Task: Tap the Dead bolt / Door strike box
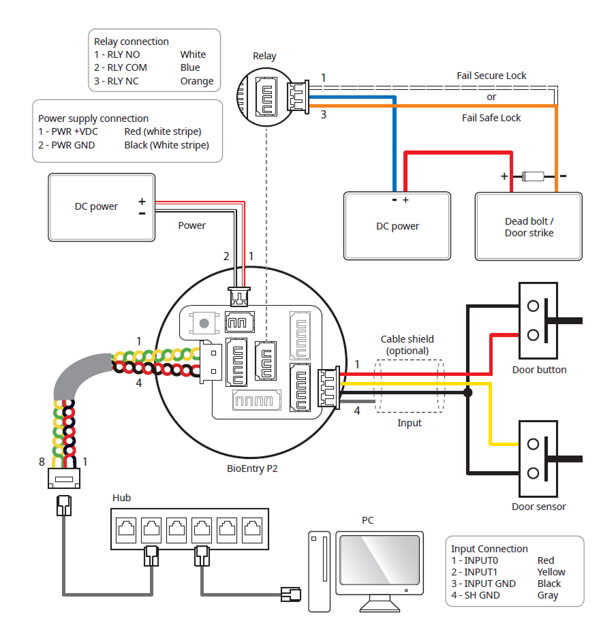(529, 226)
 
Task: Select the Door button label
(539, 370)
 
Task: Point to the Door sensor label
(538, 506)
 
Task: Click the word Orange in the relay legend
(197, 81)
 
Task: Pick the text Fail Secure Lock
(491, 76)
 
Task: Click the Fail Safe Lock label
(491, 118)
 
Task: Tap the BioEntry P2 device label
(252, 468)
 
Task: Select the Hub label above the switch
(121, 498)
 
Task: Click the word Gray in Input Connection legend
(547, 595)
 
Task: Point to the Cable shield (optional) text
(407, 345)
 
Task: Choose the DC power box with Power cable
(101, 207)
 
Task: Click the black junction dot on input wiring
(467, 393)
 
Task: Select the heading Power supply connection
(93, 118)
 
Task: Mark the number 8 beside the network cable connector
(42, 462)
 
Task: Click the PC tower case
(319, 571)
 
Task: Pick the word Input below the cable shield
(410, 423)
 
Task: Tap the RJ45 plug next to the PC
(291, 594)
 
